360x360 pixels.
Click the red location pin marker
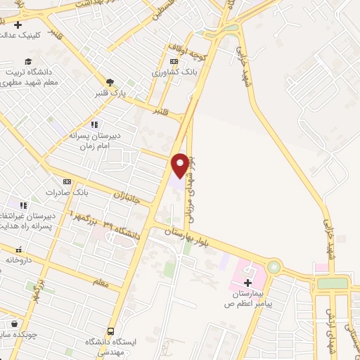(x=180, y=165)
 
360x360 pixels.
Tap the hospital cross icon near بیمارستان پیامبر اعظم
(x=247, y=282)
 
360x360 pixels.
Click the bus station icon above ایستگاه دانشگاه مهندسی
(x=110, y=331)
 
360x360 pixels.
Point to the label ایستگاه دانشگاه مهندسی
(x=110, y=347)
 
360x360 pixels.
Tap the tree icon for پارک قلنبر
(x=110, y=82)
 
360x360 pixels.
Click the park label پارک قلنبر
(x=110, y=94)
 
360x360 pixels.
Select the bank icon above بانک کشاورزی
(x=171, y=61)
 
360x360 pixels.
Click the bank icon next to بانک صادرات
(x=67, y=181)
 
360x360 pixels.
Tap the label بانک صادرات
(x=68, y=192)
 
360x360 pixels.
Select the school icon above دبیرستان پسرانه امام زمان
(x=94, y=124)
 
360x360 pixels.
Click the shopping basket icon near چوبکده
(x=14, y=324)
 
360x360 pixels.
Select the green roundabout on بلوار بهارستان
(x=273, y=268)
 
